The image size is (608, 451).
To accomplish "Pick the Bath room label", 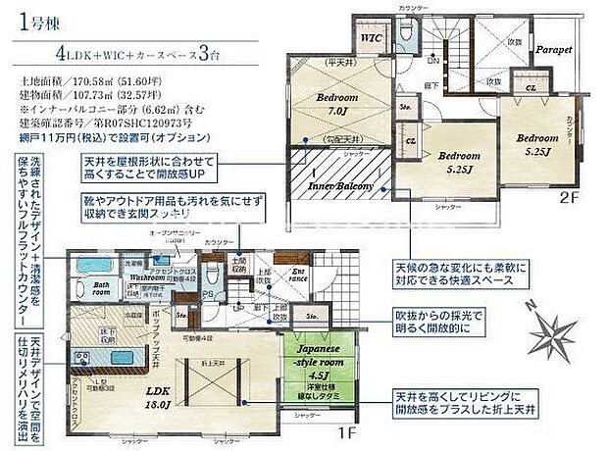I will point(100,290).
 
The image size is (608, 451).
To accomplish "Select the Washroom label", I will point(148,278).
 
